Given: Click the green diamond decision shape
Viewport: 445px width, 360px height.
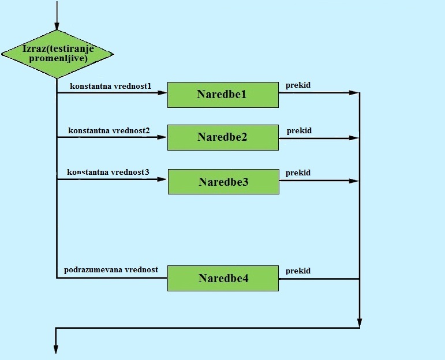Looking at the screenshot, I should (57, 54).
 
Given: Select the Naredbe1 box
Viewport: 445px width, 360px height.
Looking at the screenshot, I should (223, 95).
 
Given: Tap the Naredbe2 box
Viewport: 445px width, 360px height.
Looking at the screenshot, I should (223, 137).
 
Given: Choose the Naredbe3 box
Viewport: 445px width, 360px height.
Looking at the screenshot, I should (223, 182).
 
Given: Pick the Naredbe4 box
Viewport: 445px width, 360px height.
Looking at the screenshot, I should (223, 278).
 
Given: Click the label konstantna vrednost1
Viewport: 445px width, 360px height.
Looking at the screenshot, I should (110, 86).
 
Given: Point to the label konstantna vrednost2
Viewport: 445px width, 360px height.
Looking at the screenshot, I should (109, 130).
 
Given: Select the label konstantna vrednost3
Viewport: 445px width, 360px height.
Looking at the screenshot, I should (108, 172).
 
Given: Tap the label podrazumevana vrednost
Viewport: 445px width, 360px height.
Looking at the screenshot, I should (111, 269).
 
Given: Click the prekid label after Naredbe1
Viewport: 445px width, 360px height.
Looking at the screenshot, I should (298, 85).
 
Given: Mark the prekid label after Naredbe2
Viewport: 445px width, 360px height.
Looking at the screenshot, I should (299, 130).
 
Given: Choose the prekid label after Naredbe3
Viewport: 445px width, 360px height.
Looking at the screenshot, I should (298, 172).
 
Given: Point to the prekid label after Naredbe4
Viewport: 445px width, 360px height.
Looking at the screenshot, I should (298, 271).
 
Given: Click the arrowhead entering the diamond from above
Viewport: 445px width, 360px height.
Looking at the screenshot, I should (57, 27).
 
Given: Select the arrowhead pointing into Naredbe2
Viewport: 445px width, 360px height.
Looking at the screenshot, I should (163, 137).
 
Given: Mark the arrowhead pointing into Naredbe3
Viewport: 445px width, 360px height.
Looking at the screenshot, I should (163, 179).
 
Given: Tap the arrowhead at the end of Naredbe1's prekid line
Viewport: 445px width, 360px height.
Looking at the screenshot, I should (355, 92).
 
